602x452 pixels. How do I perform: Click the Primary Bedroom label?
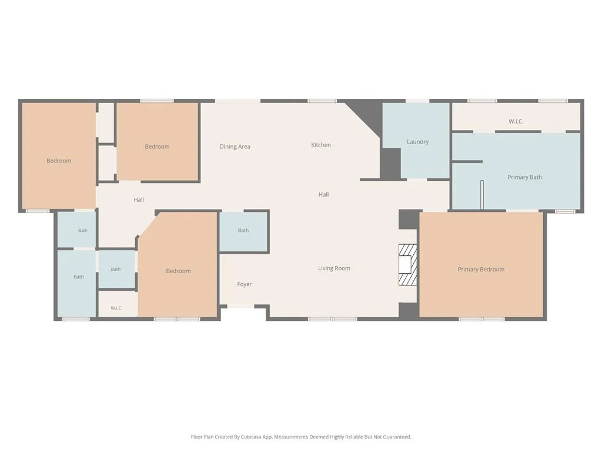point(481,270)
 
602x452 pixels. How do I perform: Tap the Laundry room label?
point(418,142)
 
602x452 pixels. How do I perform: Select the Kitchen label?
point(321,145)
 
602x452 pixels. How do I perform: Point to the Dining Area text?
point(235,147)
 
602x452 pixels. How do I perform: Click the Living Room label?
point(334,268)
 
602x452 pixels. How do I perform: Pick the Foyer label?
point(244,284)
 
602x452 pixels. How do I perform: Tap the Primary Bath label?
point(525,177)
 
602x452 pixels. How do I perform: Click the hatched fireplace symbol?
point(408,265)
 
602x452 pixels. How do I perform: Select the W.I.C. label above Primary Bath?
point(516,121)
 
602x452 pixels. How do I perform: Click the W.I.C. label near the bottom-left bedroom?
point(116,308)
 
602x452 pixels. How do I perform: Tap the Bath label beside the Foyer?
point(243,230)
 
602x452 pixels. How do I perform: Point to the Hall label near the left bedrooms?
point(139,200)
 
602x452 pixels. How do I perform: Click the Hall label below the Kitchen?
point(324,194)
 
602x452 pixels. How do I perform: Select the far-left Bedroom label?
point(59,161)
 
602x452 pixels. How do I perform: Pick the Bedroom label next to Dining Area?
point(157,147)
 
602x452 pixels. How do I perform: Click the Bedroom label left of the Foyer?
point(178,271)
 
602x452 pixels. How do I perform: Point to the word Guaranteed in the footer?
point(397,437)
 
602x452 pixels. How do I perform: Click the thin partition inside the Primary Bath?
point(482,194)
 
